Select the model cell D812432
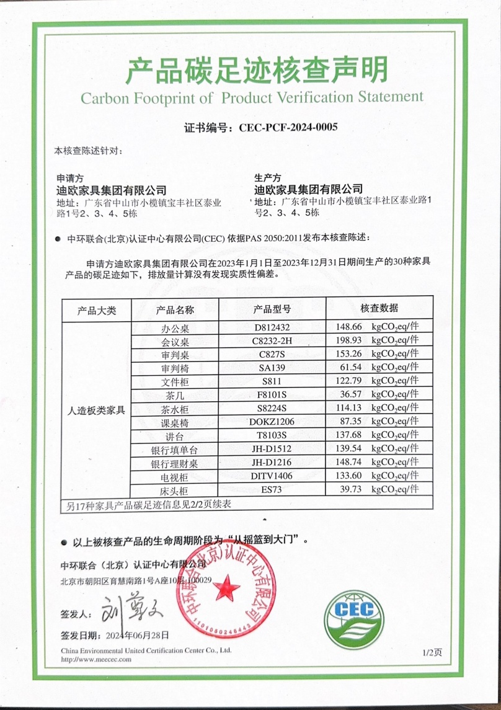(272, 326)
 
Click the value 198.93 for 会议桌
(348, 340)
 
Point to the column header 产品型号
(272, 309)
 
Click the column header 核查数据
(379, 308)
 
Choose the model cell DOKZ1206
(272, 422)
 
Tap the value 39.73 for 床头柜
(348, 490)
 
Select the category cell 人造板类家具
(96, 410)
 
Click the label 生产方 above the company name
(268, 177)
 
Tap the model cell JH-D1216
(272, 462)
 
